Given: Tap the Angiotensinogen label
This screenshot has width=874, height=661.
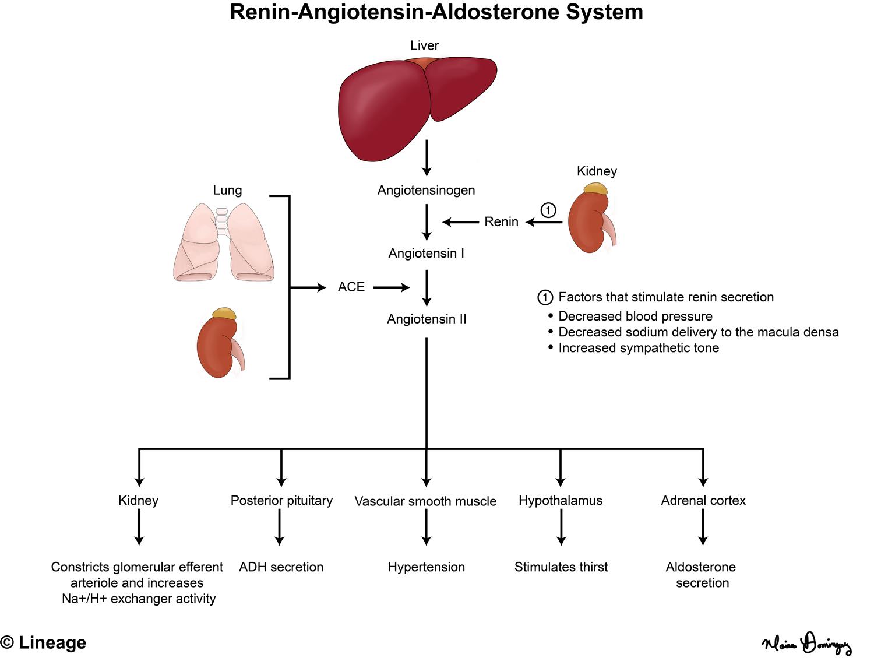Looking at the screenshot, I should (x=426, y=190).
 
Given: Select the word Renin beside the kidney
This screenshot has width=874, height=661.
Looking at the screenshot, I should (x=501, y=221).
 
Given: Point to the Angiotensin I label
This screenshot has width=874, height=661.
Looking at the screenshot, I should (x=426, y=254).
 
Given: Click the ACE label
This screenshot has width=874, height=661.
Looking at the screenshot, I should (x=351, y=287).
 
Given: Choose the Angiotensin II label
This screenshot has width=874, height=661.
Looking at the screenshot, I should (x=427, y=319).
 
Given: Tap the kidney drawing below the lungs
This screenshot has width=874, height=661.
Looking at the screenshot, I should (x=220, y=344).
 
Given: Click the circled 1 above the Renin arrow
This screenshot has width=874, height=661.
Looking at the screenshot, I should (x=548, y=210).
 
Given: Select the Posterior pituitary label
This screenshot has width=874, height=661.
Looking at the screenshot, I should (x=281, y=500).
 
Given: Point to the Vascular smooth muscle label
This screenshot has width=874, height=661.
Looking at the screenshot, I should (x=425, y=501).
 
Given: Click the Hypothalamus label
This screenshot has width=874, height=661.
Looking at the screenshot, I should (x=561, y=500).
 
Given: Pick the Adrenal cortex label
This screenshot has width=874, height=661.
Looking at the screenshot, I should (x=703, y=500).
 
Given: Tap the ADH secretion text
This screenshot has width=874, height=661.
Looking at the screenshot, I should (x=281, y=567).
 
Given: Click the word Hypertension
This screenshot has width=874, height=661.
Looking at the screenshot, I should (x=426, y=567).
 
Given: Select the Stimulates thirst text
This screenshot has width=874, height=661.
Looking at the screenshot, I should (x=561, y=567).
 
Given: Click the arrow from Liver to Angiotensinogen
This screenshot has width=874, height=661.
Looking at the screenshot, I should (x=427, y=157).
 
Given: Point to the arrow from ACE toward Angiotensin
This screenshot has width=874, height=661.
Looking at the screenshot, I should (x=391, y=287).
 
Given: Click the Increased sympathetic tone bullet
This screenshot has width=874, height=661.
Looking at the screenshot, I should (x=638, y=348).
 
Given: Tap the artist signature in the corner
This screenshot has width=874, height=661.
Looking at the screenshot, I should (x=807, y=644).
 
